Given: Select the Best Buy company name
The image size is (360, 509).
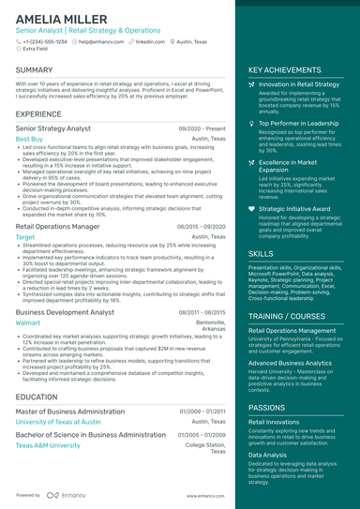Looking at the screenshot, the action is (29, 139).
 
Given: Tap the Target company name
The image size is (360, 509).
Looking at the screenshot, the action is (25, 237).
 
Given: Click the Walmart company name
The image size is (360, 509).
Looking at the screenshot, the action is (28, 322).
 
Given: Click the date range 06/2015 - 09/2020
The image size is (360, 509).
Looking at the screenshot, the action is (200, 226).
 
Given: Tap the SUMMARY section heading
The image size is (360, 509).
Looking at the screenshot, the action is (35, 70).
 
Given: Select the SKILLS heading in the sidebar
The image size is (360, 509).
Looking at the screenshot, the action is (262, 253).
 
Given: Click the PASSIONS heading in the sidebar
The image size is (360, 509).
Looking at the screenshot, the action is (267, 408).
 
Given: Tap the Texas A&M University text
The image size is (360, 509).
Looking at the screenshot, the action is (48, 445).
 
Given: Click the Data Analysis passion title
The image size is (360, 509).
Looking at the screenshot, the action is (268, 455).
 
